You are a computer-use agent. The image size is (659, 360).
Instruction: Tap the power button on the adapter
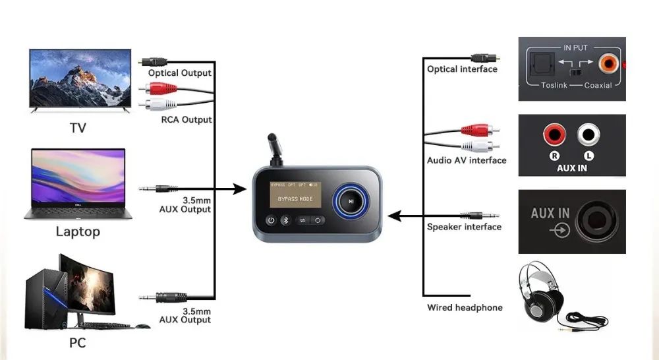pos(271,221)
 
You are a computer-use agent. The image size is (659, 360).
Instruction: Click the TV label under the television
pos(78,128)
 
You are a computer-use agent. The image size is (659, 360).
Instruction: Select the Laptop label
pos(78,231)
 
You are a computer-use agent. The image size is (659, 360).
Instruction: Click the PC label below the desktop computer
pos(77,343)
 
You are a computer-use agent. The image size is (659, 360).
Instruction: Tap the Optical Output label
pos(180,73)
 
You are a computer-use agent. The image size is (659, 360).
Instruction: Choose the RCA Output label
pos(186,119)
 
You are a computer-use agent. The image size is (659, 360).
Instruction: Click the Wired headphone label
pos(465,307)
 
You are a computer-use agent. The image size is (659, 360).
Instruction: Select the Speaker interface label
pos(464,227)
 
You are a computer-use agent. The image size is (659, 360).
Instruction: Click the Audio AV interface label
pos(467,160)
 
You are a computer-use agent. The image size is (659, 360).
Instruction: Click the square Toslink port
pos(538,65)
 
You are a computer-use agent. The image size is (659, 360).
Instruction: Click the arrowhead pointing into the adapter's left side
pos(241,191)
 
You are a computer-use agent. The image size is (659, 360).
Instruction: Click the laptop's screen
pos(78,176)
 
